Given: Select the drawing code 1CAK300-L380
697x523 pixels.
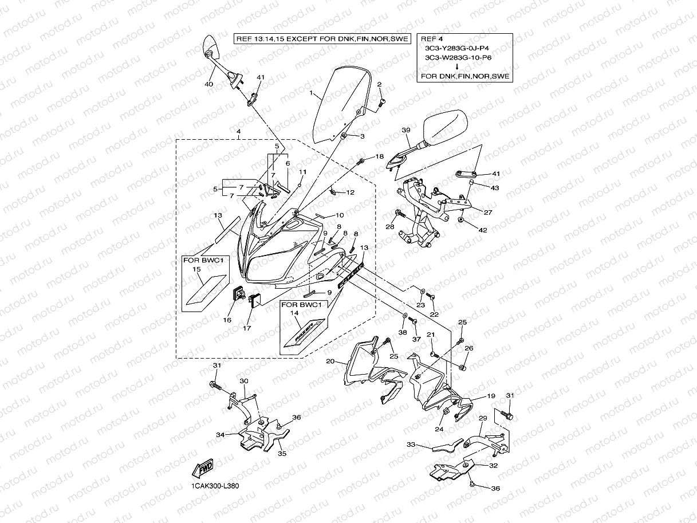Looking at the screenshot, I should coord(215,486).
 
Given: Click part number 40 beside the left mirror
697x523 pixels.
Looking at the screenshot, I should coord(209,84).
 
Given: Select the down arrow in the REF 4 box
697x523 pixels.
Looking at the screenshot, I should coord(464,66).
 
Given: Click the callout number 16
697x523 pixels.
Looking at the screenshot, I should coord(227,320).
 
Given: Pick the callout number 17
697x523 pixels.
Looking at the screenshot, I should coord(247,328).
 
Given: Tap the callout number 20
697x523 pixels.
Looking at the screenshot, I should coord(329,361).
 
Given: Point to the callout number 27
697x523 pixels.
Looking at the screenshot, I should coord(488,213).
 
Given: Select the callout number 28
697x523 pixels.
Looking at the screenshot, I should coord(391,227).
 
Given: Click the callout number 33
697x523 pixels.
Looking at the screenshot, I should coord(410,444).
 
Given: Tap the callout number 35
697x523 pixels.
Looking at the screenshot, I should coord(282,454).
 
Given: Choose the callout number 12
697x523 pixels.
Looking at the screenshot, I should coord(351,192).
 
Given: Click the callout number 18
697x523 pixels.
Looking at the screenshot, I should coord(380,156).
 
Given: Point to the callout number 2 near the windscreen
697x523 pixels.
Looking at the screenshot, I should coord(379,84).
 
